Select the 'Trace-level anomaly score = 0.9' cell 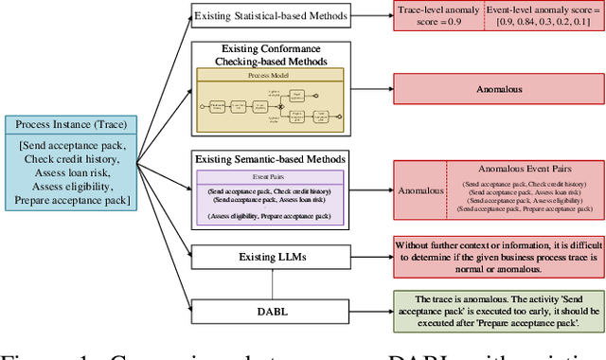438,16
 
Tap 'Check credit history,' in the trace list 70,160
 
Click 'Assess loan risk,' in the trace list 70,173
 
